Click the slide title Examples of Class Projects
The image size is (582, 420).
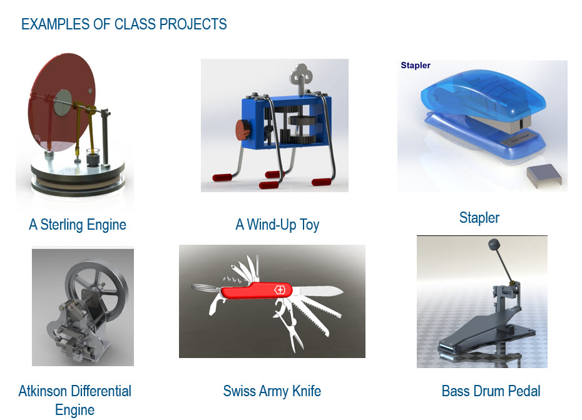(x=124, y=24)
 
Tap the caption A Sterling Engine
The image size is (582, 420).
(x=78, y=225)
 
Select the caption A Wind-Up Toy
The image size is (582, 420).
(x=277, y=225)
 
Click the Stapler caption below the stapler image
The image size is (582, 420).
(x=479, y=218)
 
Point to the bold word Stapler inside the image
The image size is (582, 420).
(x=416, y=65)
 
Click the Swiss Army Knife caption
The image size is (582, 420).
(x=272, y=392)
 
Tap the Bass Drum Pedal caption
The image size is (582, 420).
(x=491, y=392)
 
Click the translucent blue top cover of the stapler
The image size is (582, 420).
(x=476, y=94)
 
